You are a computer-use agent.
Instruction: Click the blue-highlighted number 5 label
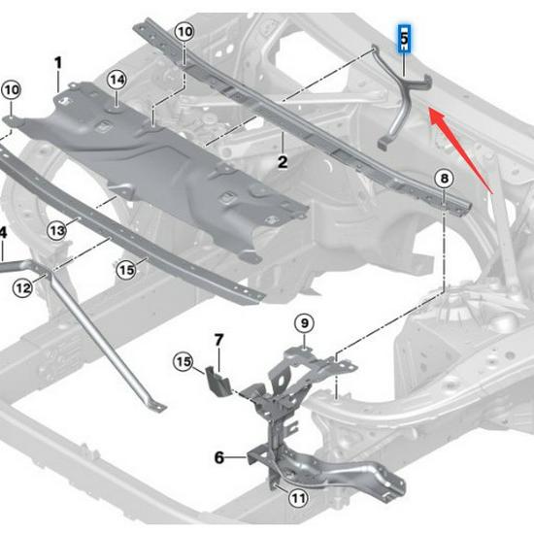point(404,39)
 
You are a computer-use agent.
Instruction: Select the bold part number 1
point(58,63)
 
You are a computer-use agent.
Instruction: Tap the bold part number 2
point(282,162)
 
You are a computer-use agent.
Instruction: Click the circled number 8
point(444,179)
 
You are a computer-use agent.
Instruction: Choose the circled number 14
point(117,79)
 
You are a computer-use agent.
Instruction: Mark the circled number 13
point(58,230)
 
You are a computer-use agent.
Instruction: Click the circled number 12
point(22,287)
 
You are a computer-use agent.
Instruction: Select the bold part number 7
point(218,340)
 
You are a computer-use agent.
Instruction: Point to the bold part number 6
point(218,456)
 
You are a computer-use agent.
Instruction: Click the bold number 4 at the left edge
point(3,232)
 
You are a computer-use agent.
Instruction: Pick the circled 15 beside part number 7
point(184,363)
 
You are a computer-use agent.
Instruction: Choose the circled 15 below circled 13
point(126,269)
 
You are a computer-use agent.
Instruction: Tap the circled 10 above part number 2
point(184,32)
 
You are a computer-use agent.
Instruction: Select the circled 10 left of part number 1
point(11,90)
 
